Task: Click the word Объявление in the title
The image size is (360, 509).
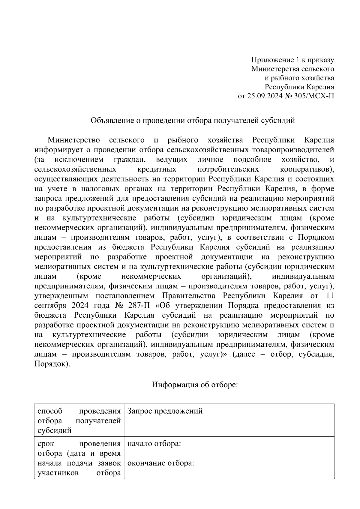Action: click(110, 121)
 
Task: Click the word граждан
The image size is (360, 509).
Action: click(132, 159)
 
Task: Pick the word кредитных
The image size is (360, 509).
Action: click(157, 169)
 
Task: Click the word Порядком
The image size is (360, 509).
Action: click(316, 237)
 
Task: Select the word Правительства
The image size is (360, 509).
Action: click(189, 296)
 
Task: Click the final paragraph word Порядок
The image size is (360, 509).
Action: click(51, 364)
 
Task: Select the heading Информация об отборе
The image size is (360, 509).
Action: click(195, 385)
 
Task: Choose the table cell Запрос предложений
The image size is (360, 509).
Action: click(165, 411)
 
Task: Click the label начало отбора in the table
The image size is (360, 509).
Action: click(154, 444)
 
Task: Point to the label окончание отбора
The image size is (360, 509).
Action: click(160, 463)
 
